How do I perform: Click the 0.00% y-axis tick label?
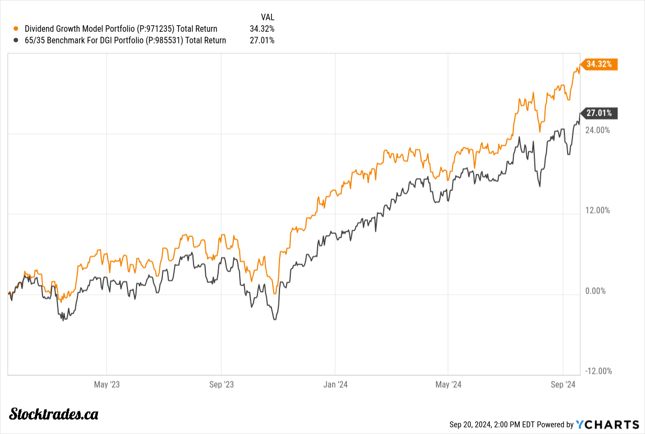click(x=595, y=291)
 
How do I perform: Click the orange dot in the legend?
click(x=16, y=29)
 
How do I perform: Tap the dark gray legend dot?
click(x=16, y=40)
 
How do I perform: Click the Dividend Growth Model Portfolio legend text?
click(x=121, y=29)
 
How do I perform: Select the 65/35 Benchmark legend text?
click(x=125, y=40)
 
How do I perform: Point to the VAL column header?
click(x=267, y=17)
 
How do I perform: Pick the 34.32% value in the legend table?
click(x=262, y=29)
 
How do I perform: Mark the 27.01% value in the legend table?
click(x=262, y=40)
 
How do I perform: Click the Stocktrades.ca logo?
click(x=54, y=414)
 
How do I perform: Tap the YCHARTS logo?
click(x=606, y=424)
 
